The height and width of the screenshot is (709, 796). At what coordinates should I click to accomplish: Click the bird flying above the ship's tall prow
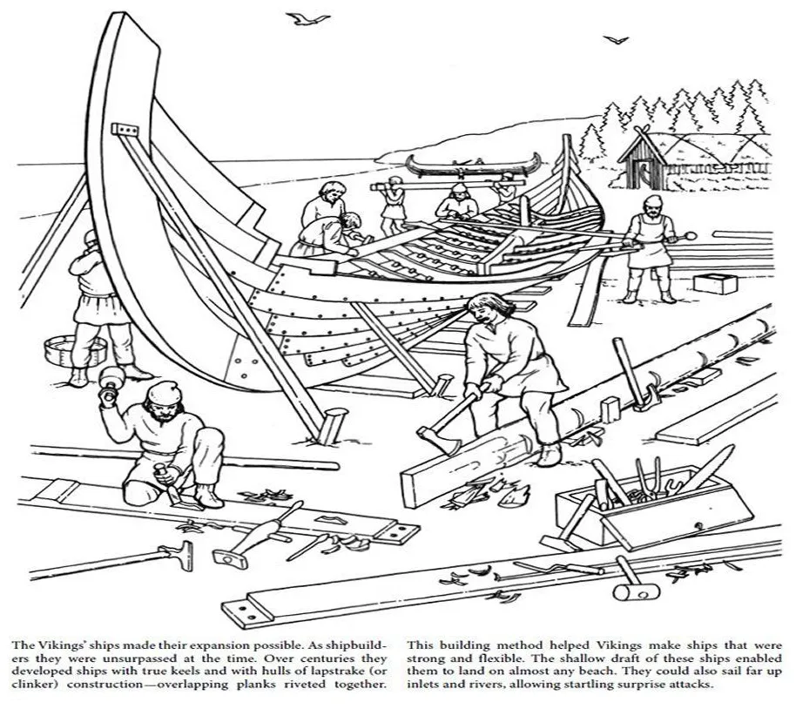(306, 17)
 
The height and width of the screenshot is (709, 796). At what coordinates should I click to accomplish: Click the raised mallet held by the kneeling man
(111, 381)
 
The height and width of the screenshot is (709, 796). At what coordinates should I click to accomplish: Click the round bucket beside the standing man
(62, 349)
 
